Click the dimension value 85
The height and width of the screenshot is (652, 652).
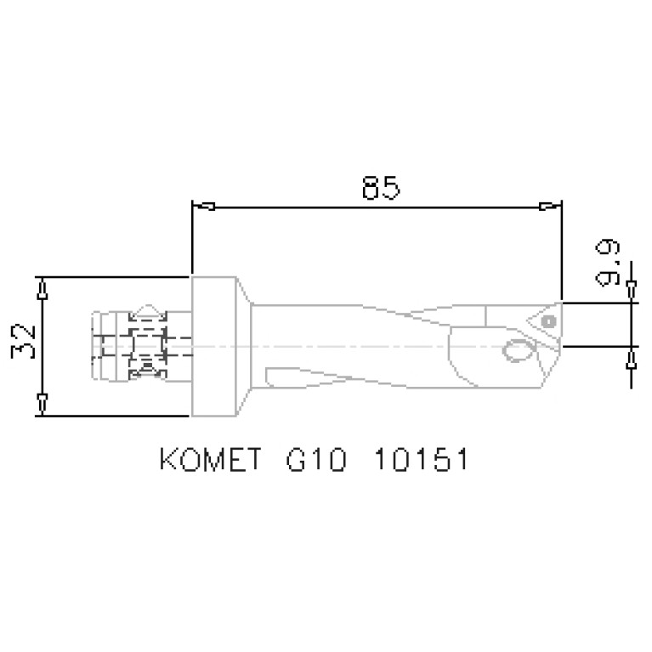(380, 188)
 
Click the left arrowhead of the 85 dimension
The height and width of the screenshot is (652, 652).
(204, 206)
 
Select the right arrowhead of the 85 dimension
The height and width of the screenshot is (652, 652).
(551, 206)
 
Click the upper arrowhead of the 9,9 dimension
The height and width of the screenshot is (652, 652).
(631, 291)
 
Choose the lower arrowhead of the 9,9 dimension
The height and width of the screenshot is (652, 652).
(631, 359)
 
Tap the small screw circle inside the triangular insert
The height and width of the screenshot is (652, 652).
(548, 321)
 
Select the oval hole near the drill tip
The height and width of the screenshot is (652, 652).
(515, 350)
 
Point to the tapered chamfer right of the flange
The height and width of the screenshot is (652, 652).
(244, 347)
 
